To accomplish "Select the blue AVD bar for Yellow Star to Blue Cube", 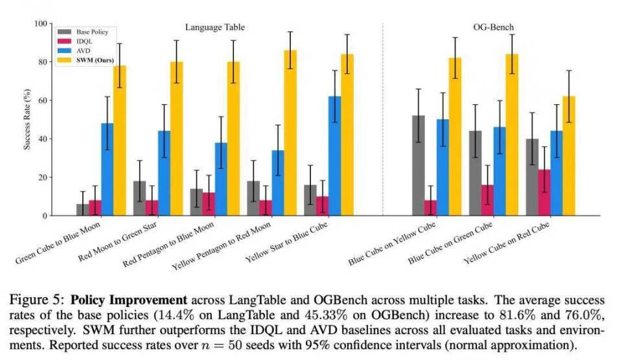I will [x=334, y=156].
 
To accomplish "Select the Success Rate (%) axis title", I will [x=27, y=120].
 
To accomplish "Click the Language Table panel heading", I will [x=215, y=27].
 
